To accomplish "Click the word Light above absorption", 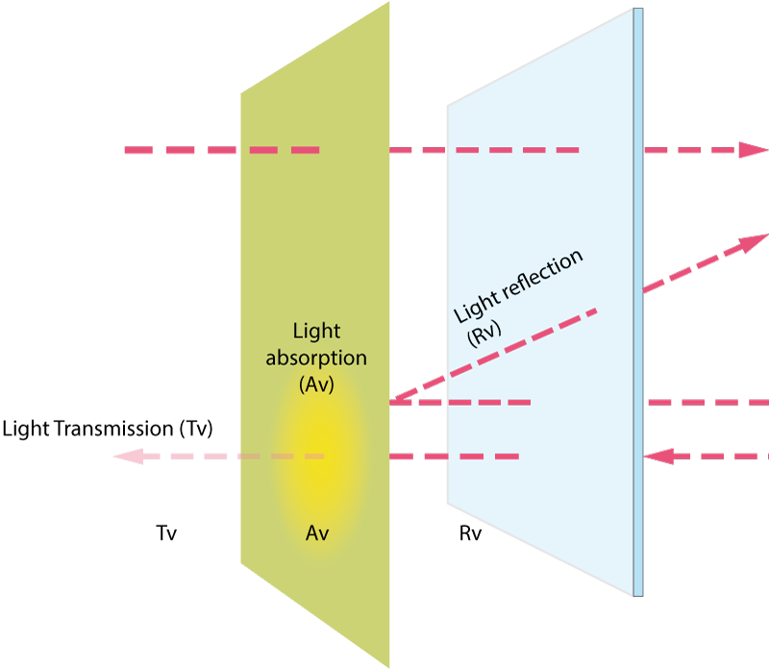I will [316, 332].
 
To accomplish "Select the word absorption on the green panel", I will [316, 359].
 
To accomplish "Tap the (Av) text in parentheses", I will [316, 384].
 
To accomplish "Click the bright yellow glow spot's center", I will [318, 457].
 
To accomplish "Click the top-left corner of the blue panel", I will [450, 108].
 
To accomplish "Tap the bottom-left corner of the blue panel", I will [450, 501].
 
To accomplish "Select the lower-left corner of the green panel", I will [241, 563].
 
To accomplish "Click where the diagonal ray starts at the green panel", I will [392, 400].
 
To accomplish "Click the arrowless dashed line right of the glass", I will [707, 402].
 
